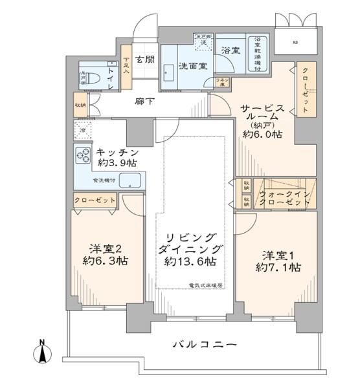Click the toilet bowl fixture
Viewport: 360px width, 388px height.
[x=88, y=80]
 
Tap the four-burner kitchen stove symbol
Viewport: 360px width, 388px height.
[x=84, y=155]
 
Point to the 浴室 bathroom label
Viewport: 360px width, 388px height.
[x=231, y=49]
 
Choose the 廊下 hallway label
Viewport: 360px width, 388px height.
[x=143, y=102]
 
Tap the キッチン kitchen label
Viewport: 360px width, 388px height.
[x=118, y=152]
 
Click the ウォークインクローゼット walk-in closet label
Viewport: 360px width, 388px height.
[x=284, y=197]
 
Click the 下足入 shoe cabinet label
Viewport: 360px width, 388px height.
[x=126, y=61]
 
